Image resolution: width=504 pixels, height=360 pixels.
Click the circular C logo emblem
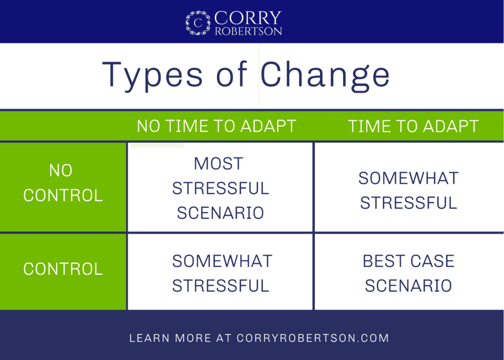[x=198, y=23]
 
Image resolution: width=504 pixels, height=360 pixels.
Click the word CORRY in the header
[x=248, y=18]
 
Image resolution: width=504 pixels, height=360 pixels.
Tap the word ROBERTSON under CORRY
[x=249, y=31]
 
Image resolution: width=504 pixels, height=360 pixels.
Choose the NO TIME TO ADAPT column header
[x=217, y=126]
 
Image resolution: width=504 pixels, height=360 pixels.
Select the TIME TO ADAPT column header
[x=413, y=126]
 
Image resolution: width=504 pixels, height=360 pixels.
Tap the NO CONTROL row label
[x=63, y=183]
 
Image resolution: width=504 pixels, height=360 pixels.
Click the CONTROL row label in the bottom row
[x=63, y=268]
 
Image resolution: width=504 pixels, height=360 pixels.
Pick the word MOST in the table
[x=219, y=164]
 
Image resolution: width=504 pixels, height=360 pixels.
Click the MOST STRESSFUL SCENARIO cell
[x=220, y=188]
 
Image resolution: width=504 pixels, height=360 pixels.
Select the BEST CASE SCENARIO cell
[x=409, y=273]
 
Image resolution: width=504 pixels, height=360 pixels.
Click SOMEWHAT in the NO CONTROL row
[x=409, y=178]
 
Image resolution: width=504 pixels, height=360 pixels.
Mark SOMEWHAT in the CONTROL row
[x=222, y=261]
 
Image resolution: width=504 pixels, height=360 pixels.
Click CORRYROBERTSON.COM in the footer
[x=313, y=338]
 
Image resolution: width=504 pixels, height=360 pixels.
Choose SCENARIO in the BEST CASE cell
[x=409, y=286]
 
